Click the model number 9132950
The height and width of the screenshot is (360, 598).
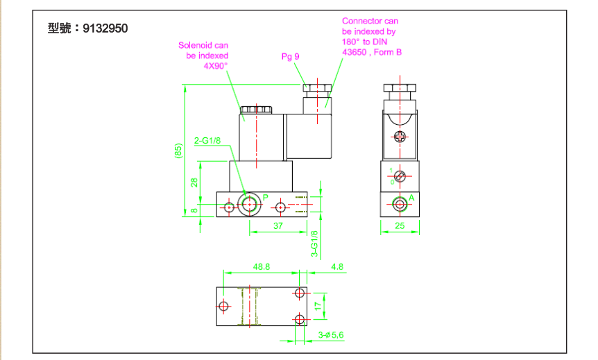(x=105, y=29)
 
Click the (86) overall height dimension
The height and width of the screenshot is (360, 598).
(x=179, y=152)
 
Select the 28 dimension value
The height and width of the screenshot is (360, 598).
(x=195, y=182)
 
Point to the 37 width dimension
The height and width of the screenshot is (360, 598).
(x=277, y=226)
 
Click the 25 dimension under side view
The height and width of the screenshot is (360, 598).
(x=399, y=226)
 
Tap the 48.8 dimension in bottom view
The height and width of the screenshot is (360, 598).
(x=261, y=266)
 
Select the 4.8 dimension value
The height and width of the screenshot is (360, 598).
(x=338, y=266)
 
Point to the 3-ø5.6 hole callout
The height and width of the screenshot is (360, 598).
(x=332, y=335)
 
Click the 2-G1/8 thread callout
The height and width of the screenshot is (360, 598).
(x=207, y=141)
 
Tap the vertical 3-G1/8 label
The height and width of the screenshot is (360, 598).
(x=314, y=243)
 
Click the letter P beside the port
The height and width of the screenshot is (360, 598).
(x=265, y=198)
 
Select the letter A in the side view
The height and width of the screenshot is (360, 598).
(x=411, y=198)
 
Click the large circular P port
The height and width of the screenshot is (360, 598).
(x=248, y=203)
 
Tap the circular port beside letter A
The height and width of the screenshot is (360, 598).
(x=399, y=204)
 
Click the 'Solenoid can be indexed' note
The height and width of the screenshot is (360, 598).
(x=203, y=55)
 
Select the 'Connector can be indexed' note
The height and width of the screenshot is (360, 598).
(x=371, y=37)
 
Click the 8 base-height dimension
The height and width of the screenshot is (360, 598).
(x=195, y=209)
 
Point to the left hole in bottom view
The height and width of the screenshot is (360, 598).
(x=223, y=306)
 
